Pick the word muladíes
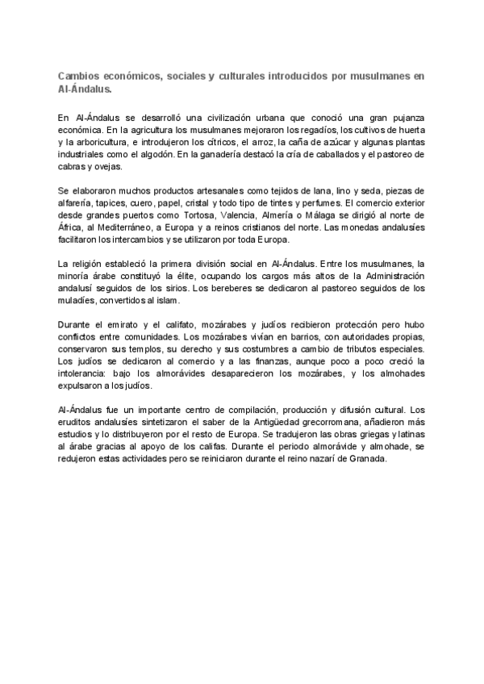click(x=79, y=302)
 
